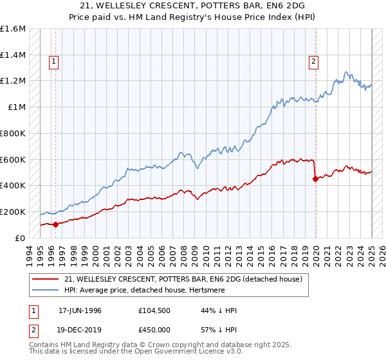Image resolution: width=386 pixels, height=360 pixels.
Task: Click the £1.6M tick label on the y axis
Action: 13,29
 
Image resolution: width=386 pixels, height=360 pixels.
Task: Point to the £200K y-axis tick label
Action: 13,212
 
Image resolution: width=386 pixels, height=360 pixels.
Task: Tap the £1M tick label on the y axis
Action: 17,107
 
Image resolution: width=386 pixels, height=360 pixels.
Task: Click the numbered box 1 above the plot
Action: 53,62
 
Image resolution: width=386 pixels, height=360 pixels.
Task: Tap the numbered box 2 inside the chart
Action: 313,62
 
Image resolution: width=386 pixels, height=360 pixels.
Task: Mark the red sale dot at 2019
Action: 315,179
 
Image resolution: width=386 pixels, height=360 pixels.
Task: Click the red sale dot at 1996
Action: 56,224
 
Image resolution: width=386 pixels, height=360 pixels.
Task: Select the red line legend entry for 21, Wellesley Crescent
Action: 187,279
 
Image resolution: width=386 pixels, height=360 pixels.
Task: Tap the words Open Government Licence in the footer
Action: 181,352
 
